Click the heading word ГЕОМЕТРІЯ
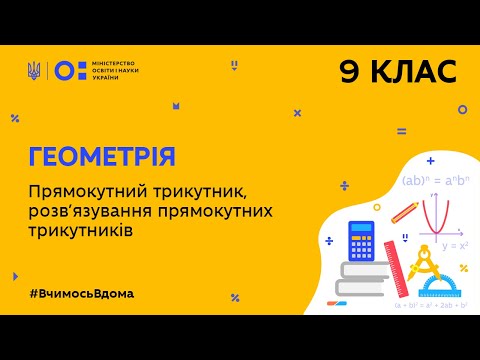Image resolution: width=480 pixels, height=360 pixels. [101, 157]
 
